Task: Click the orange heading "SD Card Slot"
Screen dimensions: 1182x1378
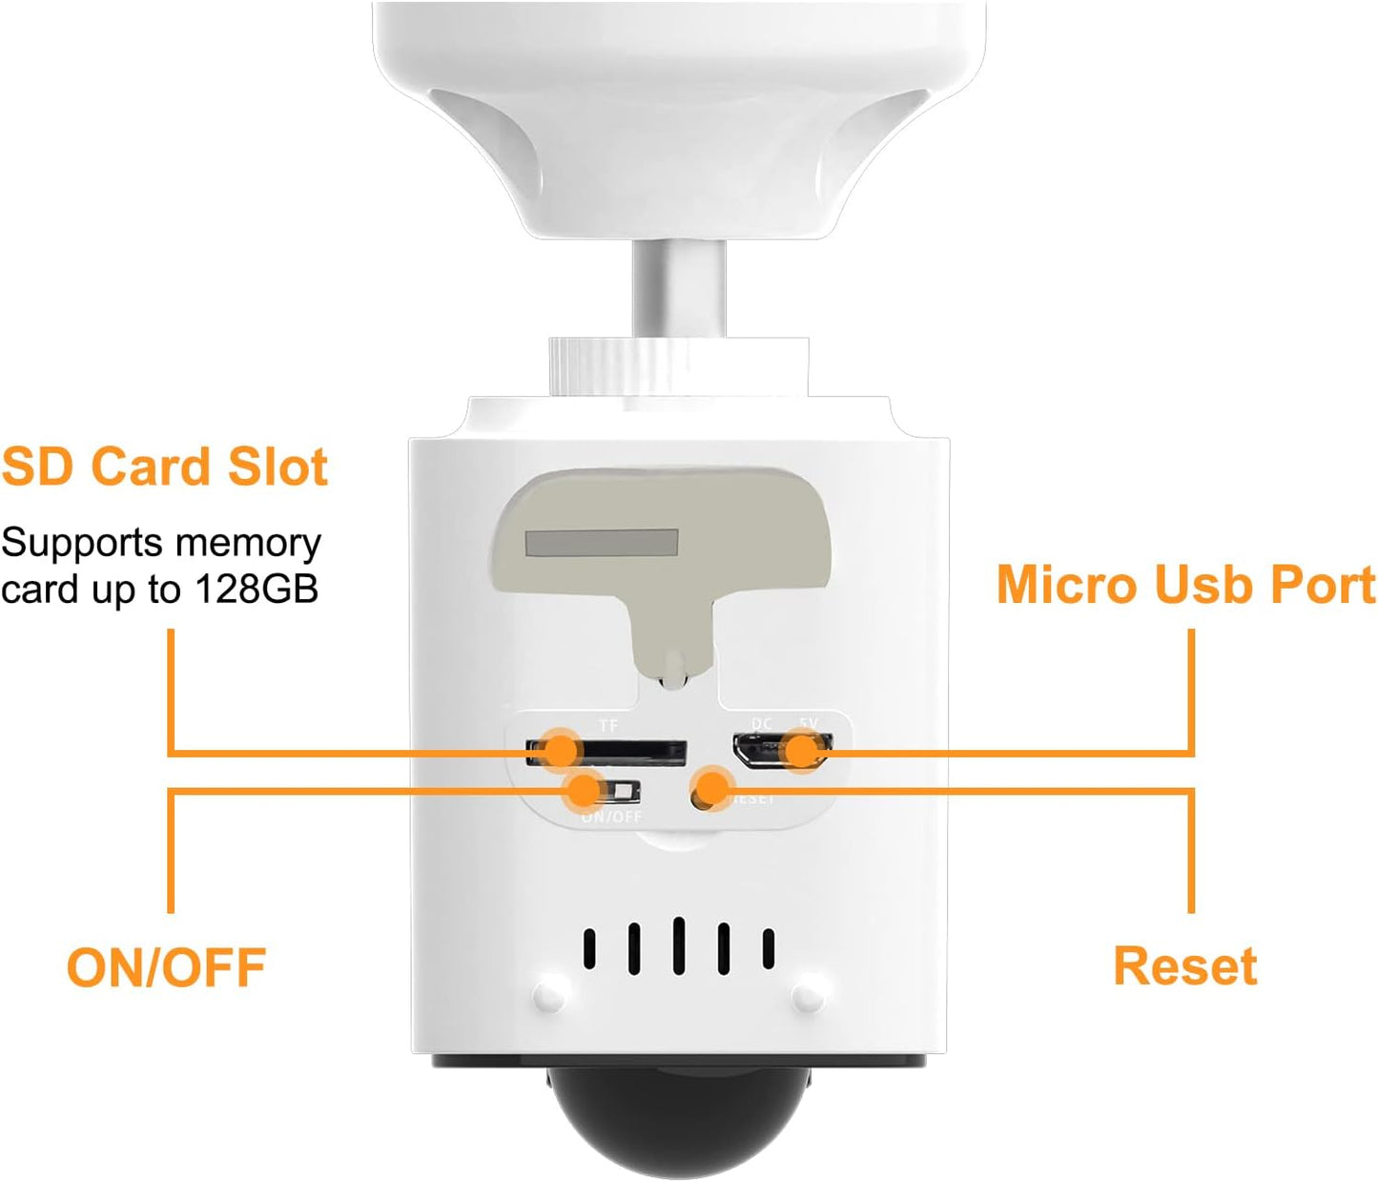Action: click(165, 467)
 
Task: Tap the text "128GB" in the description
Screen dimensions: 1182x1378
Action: click(257, 589)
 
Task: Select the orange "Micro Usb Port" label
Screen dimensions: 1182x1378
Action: click(1185, 585)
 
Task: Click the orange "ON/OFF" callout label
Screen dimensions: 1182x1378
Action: click(166, 967)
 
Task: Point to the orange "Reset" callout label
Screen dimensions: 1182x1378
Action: click(1185, 966)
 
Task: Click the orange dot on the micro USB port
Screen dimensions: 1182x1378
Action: click(803, 751)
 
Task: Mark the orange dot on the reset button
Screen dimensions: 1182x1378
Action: click(710, 789)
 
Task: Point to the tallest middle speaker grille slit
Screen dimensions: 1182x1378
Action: click(678, 945)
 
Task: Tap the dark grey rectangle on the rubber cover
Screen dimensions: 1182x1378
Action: click(602, 544)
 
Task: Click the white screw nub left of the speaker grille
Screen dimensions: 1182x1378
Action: click(549, 996)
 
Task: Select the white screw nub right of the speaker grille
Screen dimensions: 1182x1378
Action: click(808, 996)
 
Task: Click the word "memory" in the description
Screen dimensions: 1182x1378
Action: click(261, 543)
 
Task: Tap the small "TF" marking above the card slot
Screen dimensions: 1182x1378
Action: click(608, 726)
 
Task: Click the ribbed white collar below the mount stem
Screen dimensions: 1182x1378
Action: click(678, 365)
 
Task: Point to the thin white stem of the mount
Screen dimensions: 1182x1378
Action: click(678, 286)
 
